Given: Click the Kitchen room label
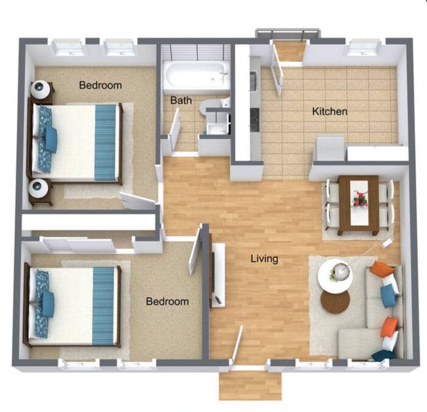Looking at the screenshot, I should (x=329, y=111).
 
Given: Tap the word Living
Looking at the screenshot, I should (x=264, y=258).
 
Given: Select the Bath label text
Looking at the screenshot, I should (x=181, y=101).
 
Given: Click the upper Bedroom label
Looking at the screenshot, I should (x=101, y=85).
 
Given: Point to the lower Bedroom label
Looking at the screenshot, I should (x=167, y=301).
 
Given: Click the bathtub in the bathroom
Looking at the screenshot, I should (x=196, y=76).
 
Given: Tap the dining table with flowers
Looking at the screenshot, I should (x=358, y=204).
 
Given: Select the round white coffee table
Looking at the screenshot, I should (x=336, y=275).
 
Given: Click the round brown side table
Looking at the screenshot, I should (x=335, y=302).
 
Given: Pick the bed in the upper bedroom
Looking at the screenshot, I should (x=76, y=143).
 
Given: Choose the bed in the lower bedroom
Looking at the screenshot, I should (x=74, y=305).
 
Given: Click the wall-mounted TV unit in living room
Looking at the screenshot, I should (x=218, y=275).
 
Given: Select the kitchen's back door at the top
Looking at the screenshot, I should (x=289, y=50).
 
